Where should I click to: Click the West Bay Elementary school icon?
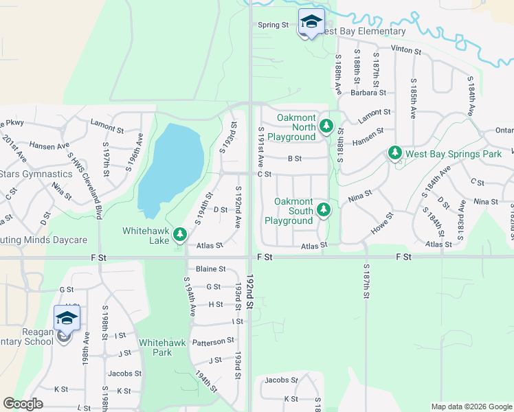(311, 22)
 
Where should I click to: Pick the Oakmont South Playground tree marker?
(323, 210)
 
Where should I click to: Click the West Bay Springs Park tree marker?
(394, 152)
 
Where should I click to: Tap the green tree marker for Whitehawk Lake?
(179, 235)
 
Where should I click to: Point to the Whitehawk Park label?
(155, 347)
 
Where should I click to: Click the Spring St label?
(273, 25)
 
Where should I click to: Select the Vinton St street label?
(405, 50)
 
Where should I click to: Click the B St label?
(294, 159)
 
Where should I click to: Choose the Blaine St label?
(211, 269)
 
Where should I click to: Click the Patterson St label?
(213, 341)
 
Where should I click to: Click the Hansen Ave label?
(49, 146)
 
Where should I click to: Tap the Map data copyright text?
(471, 407)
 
